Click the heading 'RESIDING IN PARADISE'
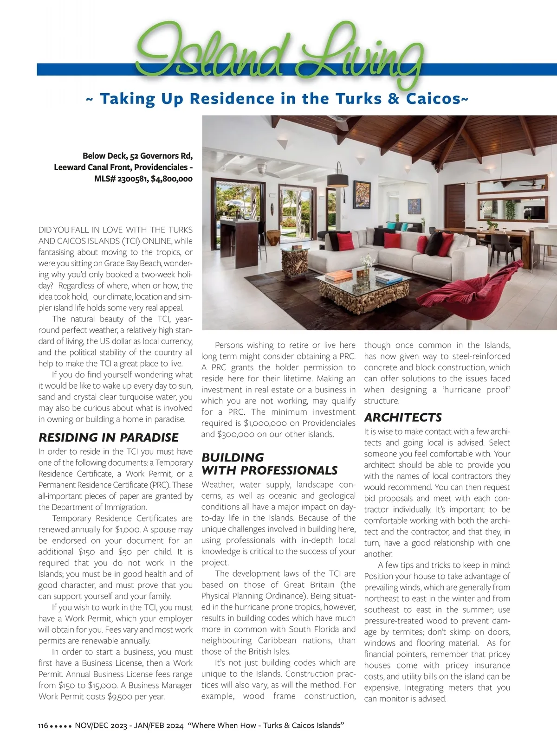tap(108, 437)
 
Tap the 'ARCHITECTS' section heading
tap(402, 417)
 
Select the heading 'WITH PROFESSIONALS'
tap(269, 470)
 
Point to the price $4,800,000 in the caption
tap(171, 179)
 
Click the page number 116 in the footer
tap(43, 726)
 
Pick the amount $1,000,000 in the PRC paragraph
tap(269, 423)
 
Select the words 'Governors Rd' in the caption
tap(166, 156)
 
